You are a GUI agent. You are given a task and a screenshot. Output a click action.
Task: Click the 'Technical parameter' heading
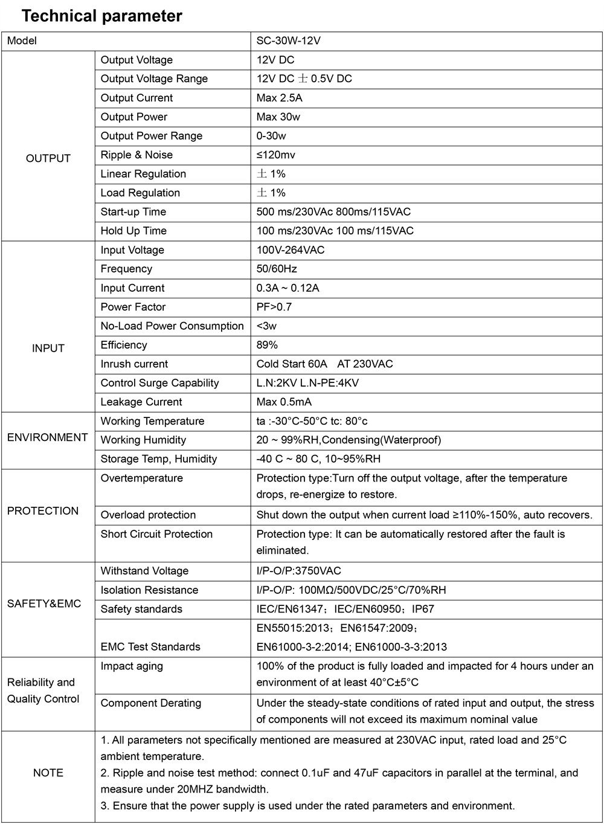pyautogui.click(x=101, y=16)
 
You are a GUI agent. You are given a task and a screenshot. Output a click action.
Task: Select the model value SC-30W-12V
pyautogui.click(x=288, y=40)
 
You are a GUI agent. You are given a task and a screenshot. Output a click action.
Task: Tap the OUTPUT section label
pyautogui.click(x=48, y=158)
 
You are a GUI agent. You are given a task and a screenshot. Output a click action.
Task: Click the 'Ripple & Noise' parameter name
pyautogui.click(x=137, y=155)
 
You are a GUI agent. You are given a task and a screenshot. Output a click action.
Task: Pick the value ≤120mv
pyautogui.click(x=275, y=155)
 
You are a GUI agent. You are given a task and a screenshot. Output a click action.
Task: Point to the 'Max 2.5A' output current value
pyautogui.click(x=279, y=98)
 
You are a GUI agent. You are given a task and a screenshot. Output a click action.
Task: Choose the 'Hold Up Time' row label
pyautogui.click(x=133, y=231)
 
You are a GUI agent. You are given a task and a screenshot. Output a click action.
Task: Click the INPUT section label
pyautogui.click(x=48, y=348)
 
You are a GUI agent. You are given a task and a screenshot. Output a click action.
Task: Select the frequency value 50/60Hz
pyautogui.click(x=277, y=269)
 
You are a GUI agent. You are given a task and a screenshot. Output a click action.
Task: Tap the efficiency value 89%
pyautogui.click(x=267, y=345)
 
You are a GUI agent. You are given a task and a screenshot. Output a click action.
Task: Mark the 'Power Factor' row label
pyautogui.click(x=133, y=307)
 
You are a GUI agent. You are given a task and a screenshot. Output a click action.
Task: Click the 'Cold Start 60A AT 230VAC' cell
pyautogui.click(x=324, y=364)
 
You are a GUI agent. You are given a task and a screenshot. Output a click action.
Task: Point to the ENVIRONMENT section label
pyautogui.click(x=48, y=437)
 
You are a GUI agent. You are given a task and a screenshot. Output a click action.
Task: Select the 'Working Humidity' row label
pyautogui.click(x=143, y=440)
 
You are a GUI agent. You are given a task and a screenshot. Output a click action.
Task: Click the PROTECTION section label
pyautogui.click(x=43, y=510)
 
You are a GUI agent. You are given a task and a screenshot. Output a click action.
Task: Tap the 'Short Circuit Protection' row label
pyautogui.click(x=156, y=534)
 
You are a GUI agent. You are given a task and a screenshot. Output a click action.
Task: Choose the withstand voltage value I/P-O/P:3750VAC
pyautogui.click(x=298, y=571)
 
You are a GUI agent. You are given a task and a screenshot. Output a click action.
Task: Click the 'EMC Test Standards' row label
pyautogui.click(x=150, y=647)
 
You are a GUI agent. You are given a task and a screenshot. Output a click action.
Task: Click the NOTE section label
pyautogui.click(x=48, y=773)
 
